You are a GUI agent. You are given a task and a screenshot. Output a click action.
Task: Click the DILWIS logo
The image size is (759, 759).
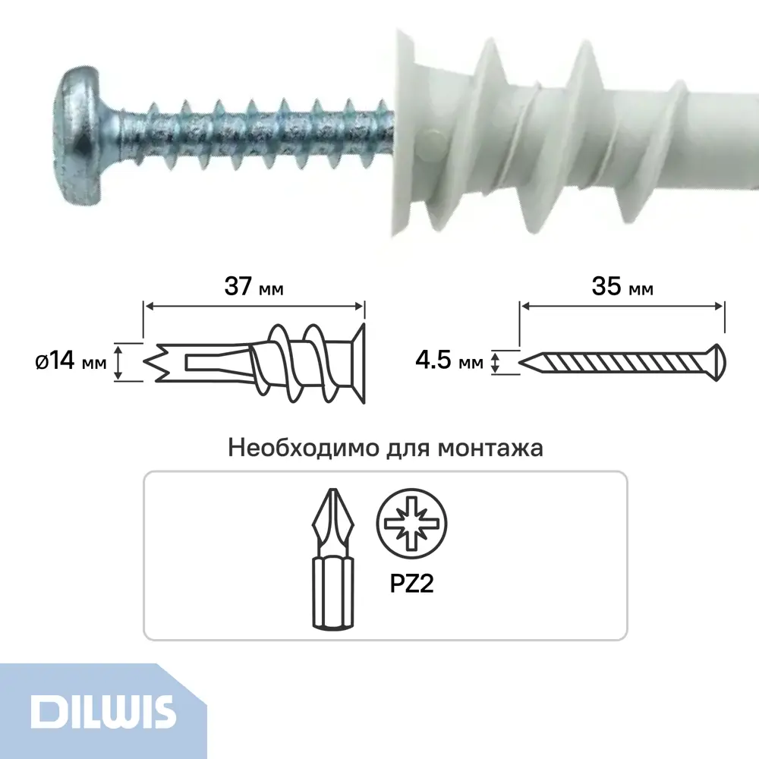(102, 712)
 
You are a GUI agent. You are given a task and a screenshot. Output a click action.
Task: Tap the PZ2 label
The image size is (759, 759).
(411, 583)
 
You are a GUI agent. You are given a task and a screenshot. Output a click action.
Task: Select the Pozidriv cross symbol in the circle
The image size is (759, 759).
(411, 523)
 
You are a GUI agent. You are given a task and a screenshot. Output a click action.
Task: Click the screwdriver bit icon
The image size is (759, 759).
(333, 559)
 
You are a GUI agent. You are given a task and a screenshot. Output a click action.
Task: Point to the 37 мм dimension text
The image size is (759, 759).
(254, 286)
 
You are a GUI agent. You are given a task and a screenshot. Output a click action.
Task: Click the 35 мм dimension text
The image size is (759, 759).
(622, 286)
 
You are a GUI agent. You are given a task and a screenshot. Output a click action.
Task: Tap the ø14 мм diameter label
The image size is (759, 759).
(71, 361)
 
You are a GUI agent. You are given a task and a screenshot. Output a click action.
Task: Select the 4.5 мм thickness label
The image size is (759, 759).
(449, 361)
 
